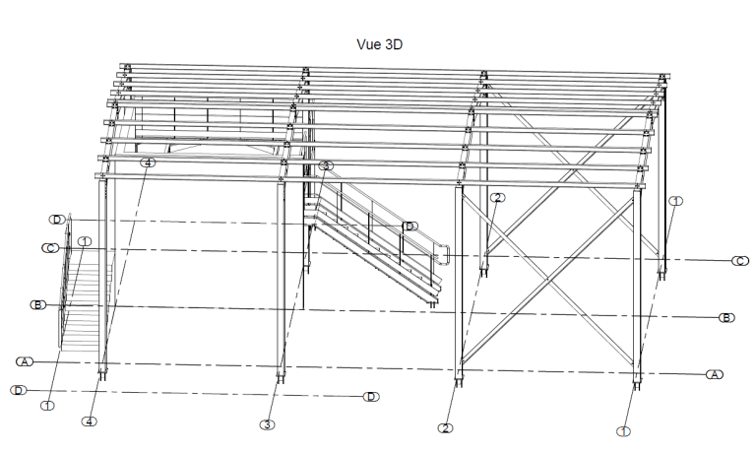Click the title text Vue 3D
tap(383, 44)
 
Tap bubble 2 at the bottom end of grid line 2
tap(446, 427)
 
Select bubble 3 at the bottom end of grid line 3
tap(267, 424)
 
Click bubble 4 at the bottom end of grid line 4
tap(90, 421)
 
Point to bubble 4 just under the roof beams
tap(148, 162)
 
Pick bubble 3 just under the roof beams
tap(327, 165)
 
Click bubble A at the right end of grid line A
tap(715, 374)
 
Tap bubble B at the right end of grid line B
tap(725, 317)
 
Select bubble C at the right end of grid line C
tap(739, 260)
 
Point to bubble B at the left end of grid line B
tap(38, 305)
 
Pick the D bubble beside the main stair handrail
tap(409, 226)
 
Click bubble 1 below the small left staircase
tap(47, 404)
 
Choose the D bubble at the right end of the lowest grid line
tap(370, 397)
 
